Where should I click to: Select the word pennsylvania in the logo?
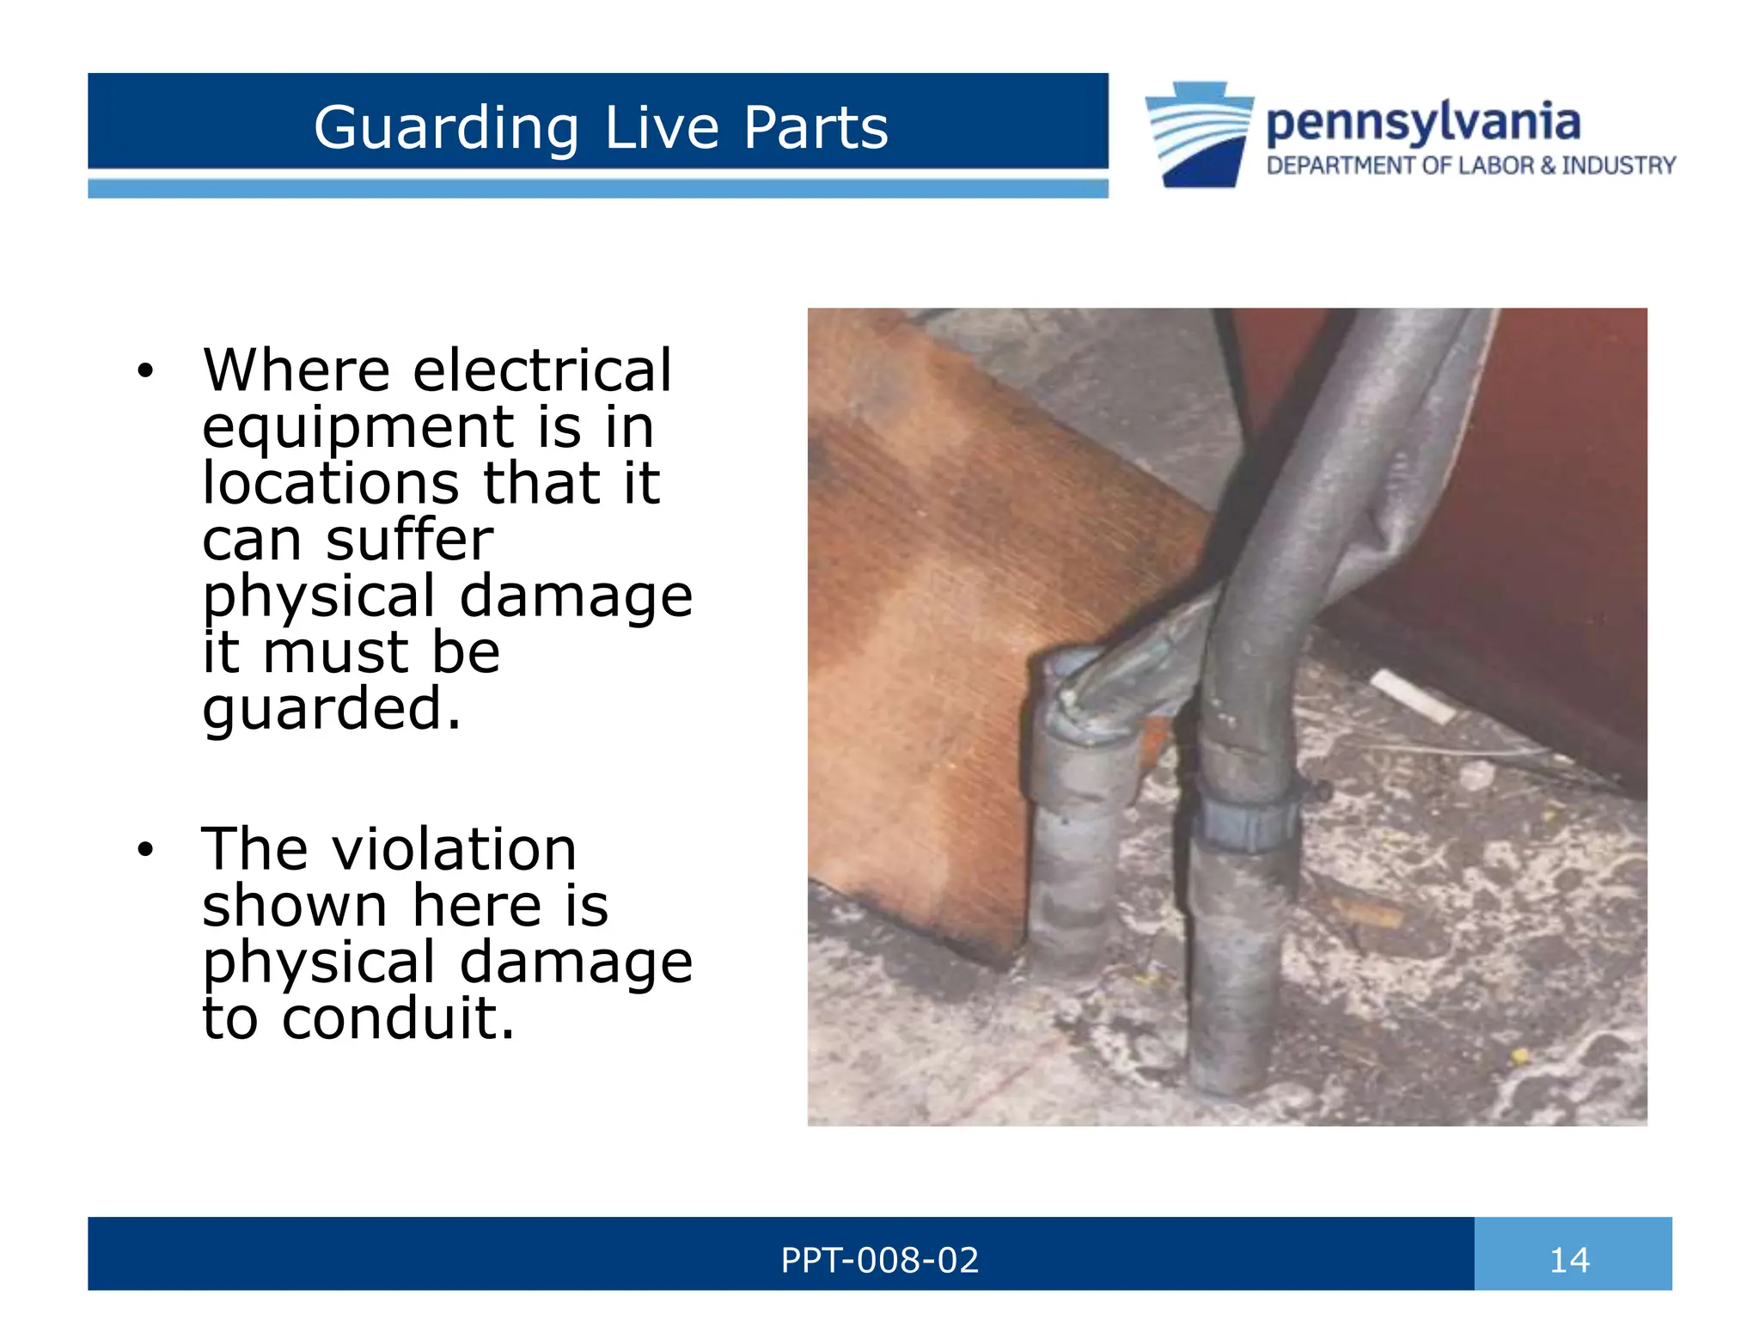tap(1422, 123)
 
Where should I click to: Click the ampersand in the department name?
tap(1548, 165)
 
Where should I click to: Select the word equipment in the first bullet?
tap(357, 427)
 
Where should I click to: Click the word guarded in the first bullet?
tap(332, 709)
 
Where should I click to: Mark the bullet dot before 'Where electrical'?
tap(145, 371)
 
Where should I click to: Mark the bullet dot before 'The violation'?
tap(145, 850)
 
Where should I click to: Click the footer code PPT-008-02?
tap(879, 1260)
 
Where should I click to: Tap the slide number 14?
tap(1569, 1260)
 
